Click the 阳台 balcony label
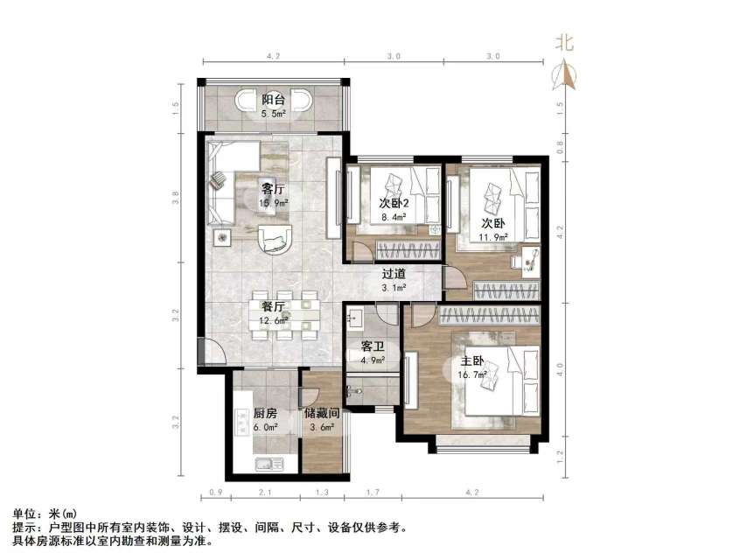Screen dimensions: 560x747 click(x=273, y=100)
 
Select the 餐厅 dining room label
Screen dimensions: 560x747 click(x=273, y=306)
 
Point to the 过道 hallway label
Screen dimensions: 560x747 click(x=394, y=274)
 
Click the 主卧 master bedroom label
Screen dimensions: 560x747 click(x=472, y=361)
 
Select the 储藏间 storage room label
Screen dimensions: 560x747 click(x=321, y=413)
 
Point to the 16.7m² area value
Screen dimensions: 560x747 click(x=472, y=376)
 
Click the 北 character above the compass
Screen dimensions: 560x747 click(x=565, y=42)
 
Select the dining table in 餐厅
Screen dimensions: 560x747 click(x=284, y=315)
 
